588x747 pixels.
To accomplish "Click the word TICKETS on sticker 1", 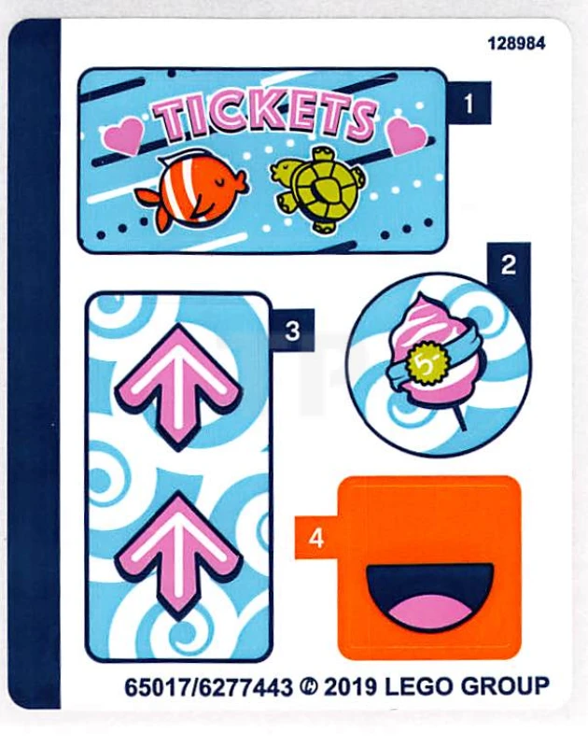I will coord(263,118).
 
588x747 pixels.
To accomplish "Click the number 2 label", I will coord(508,264).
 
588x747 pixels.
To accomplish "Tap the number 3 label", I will coord(292,331).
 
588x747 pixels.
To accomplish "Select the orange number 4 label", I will coord(316,539).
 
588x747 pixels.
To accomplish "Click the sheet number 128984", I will coord(515,43).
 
